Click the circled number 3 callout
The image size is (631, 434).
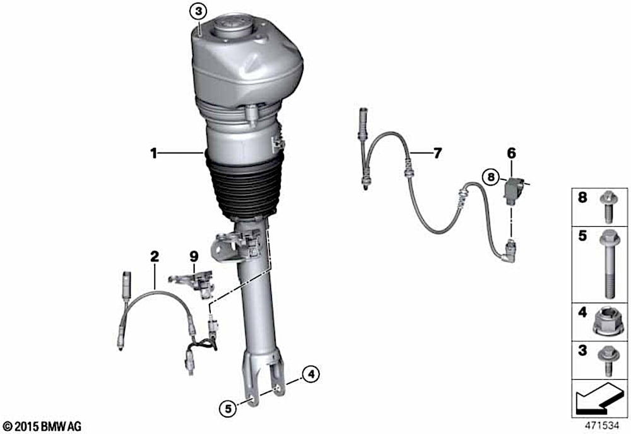[198, 11]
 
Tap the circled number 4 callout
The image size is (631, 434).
[311, 375]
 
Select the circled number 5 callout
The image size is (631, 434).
[228, 409]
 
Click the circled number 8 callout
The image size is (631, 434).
[491, 177]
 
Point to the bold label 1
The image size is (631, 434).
[153, 153]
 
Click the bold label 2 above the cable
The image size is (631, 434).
[155, 256]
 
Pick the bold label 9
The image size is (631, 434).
[194, 256]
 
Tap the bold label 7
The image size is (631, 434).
[437, 153]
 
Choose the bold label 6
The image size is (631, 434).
[511, 153]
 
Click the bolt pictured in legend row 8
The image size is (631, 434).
[608, 207]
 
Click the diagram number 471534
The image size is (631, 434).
[601, 425]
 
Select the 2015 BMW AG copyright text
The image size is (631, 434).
[42, 426]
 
